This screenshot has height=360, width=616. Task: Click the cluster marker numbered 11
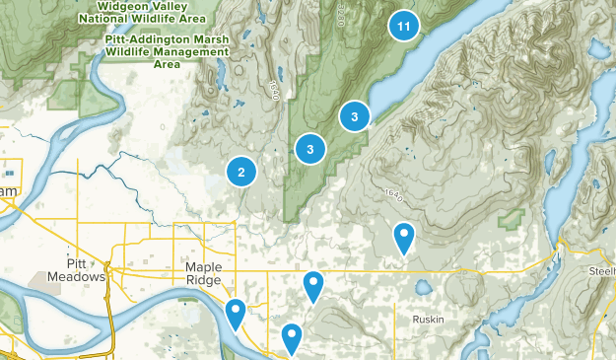402,26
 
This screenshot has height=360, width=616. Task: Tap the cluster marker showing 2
241,172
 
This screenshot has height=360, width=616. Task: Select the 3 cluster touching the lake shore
354,116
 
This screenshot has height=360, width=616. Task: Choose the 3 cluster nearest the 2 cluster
310,149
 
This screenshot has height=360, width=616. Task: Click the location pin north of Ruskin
404,238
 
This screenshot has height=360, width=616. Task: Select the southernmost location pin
292,338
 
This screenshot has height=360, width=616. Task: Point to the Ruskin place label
428,320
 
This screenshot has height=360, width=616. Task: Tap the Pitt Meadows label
76,271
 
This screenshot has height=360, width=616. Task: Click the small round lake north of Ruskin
423,288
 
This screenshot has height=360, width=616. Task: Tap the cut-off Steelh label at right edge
600,271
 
